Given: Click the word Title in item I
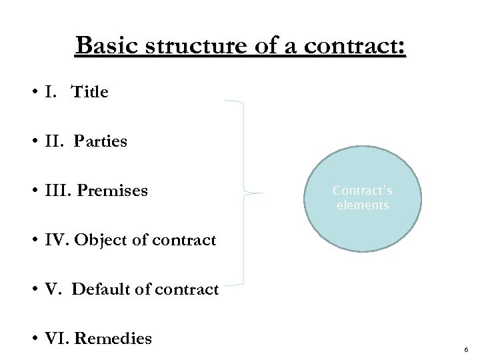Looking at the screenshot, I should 89,91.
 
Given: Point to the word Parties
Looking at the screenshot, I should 101,141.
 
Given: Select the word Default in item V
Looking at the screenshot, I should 101,289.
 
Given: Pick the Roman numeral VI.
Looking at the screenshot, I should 53,339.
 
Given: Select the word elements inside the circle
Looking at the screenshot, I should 363,205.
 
